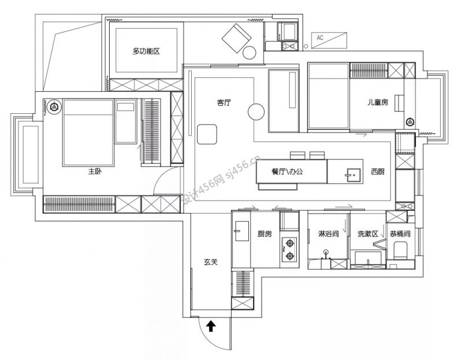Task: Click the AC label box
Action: point(329,40)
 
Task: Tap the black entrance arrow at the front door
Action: point(211,326)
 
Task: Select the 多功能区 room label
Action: point(146,51)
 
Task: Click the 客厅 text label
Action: point(224,103)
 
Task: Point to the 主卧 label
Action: point(95,171)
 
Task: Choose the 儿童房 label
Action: point(378,102)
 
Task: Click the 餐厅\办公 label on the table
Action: point(287,172)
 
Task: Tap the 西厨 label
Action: point(378,172)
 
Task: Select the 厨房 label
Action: point(264,234)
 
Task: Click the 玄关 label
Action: point(211,262)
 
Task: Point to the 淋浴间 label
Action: point(329,234)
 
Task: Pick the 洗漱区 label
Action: point(367,234)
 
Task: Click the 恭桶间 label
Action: point(400,234)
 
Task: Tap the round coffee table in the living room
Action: point(256,112)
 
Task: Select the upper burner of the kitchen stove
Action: point(290,243)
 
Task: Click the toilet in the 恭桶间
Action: point(400,251)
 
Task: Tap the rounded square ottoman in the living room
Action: point(207,135)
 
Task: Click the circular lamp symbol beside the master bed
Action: point(54,106)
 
